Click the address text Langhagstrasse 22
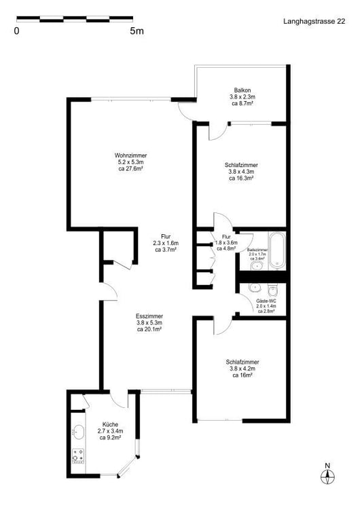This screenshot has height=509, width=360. pyautogui.click(x=314, y=22)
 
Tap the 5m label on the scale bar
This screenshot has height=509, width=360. pyautogui.click(x=137, y=31)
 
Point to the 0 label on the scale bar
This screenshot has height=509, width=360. pyautogui.click(x=16, y=31)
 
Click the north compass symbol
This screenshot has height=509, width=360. pyautogui.click(x=327, y=476)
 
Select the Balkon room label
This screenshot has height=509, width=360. pyautogui.click(x=242, y=90)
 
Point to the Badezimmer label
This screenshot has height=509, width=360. pyautogui.click(x=258, y=250)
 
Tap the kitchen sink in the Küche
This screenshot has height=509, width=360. pyautogui.click(x=78, y=431)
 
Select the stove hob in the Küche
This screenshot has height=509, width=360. pyautogui.click(x=78, y=455)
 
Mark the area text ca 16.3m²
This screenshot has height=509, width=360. pyautogui.click(x=242, y=178)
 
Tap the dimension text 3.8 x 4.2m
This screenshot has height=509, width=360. pyautogui.click(x=242, y=369)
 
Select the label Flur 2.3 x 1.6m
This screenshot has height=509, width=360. pyautogui.click(x=165, y=242)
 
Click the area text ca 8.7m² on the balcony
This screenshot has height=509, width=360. pyautogui.click(x=242, y=104)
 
